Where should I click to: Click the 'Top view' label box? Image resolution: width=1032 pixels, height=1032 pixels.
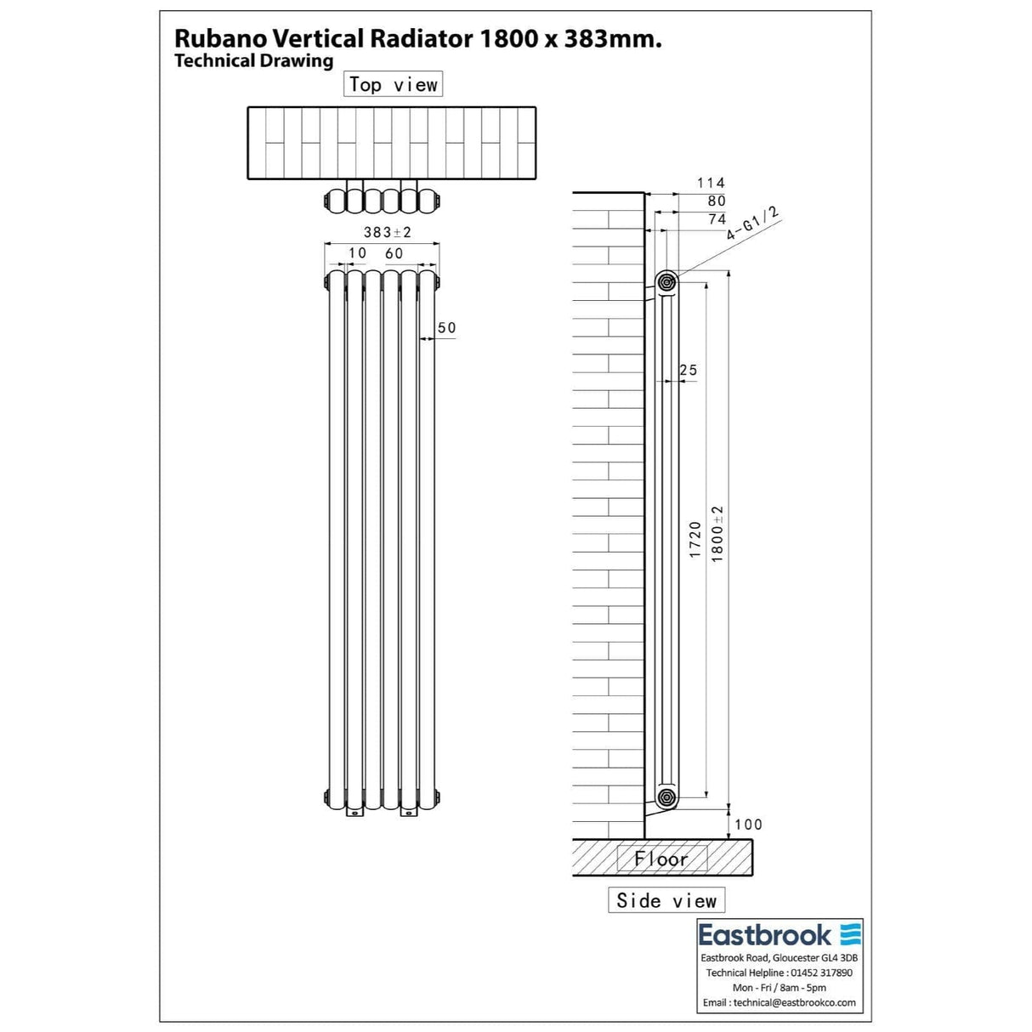click(x=393, y=84)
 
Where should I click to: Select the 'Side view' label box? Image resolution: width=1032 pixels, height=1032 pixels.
click(x=666, y=900)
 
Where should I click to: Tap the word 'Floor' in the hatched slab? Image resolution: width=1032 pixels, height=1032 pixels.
click(x=661, y=859)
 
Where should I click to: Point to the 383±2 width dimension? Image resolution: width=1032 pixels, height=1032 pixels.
click(x=387, y=232)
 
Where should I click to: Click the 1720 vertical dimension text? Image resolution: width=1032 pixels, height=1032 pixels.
click(x=695, y=540)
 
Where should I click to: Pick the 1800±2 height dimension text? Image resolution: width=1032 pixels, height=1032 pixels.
click(x=717, y=534)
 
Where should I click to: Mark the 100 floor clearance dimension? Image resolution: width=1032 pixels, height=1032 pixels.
click(x=748, y=824)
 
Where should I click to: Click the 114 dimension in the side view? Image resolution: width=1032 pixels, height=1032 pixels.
click(x=711, y=183)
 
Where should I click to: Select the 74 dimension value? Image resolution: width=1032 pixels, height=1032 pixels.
click(x=717, y=219)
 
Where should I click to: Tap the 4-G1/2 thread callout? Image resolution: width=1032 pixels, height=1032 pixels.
click(x=752, y=224)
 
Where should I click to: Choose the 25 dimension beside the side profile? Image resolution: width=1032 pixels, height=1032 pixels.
click(x=689, y=370)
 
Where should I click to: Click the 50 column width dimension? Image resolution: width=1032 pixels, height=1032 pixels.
click(x=446, y=328)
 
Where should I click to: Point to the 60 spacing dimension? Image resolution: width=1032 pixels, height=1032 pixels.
click(x=394, y=253)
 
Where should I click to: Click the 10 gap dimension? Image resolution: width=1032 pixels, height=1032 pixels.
click(x=357, y=253)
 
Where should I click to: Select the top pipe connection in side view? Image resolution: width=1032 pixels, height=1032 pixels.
click(x=666, y=281)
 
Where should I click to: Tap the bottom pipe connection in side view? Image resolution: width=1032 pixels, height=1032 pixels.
click(x=666, y=797)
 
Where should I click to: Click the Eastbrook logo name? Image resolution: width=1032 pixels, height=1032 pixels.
click(x=765, y=936)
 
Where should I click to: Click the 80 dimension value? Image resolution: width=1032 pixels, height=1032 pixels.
click(x=717, y=201)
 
